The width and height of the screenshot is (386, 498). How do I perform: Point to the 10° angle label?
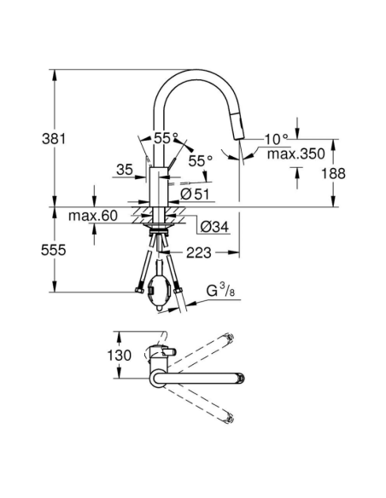tap(277, 137)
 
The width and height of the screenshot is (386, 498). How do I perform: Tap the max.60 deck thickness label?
tap(96, 217)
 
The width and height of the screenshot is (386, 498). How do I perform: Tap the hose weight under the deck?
tap(160, 287)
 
